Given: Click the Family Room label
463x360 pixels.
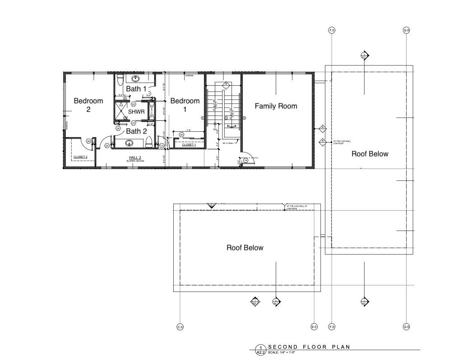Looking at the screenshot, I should coord(276,106).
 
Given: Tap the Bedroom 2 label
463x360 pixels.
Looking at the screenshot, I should coord(88,105).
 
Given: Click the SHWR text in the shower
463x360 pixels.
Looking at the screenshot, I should coord(136,111).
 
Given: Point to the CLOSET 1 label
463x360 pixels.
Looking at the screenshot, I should coord(189,145).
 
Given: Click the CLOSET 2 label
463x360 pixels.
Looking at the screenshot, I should coord(80,157).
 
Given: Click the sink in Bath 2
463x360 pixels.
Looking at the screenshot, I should coord(130,143).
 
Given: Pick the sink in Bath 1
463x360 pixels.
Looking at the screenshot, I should coord(135,78).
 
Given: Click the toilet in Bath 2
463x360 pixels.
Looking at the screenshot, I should coord(148,143).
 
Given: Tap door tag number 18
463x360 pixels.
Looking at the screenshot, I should coord(245,160).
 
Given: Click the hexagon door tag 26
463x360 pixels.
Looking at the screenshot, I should coord(89,142).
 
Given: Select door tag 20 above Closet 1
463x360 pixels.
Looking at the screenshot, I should coord(181,134).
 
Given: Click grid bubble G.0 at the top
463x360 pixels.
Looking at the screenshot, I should coord(406,30).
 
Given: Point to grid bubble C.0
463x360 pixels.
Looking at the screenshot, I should coord(180,327).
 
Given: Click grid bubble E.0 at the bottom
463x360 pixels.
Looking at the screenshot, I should coord(314,327).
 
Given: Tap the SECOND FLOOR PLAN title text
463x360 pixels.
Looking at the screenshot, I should coord(309,347).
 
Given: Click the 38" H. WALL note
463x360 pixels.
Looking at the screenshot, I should coord(227,143).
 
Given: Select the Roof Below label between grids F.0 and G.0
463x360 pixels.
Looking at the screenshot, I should coord(370,154).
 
